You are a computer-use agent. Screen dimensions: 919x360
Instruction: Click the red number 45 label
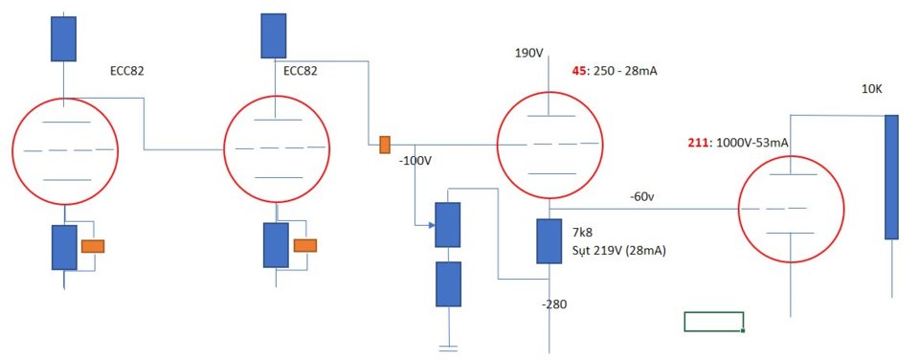pyautogui.click(x=578, y=72)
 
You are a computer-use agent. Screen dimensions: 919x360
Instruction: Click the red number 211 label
pyautogui.click(x=697, y=143)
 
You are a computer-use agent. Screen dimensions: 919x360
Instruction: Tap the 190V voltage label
pyautogui.click(x=529, y=54)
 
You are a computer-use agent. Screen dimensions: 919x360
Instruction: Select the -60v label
pyautogui.click(x=641, y=197)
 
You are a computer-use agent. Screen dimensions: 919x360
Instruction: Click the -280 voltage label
pyautogui.click(x=555, y=304)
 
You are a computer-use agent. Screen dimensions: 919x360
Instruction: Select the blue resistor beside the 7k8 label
pyautogui.click(x=549, y=241)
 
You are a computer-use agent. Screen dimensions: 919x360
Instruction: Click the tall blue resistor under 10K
pyautogui.click(x=891, y=177)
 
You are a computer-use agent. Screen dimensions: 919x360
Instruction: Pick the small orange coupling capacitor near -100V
pyautogui.click(x=385, y=145)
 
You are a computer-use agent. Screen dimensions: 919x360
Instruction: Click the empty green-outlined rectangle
pyautogui.click(x=714, y=322)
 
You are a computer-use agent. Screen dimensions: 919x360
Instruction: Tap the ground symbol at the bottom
pyautogui.click(x=448, y=349)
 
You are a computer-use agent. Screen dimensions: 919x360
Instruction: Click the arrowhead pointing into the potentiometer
pyautogui.click(x=432, y=225)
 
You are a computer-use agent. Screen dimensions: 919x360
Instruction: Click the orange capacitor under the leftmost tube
pyautogui.click(x=93, y=246)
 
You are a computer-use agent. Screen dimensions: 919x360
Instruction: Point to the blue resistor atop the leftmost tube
pyautogui.click(x=63, y=38)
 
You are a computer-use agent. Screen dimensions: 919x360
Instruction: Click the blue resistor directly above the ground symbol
pyautogui.click(x=448, y=283)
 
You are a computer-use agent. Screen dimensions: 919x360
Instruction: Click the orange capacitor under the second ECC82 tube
pyautogui.click(x=304, y=245)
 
